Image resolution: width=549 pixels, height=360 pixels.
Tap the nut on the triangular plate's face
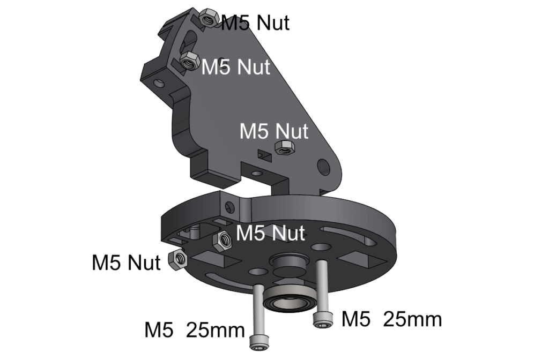(285, 148)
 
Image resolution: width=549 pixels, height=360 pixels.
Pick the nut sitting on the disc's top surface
(222, 241)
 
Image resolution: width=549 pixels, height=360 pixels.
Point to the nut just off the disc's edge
(177, 260)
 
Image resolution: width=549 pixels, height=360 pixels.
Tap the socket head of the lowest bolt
(259, 342)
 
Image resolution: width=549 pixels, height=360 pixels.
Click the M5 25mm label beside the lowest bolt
(194, 330)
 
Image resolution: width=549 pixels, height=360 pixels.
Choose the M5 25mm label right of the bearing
(391, 319)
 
